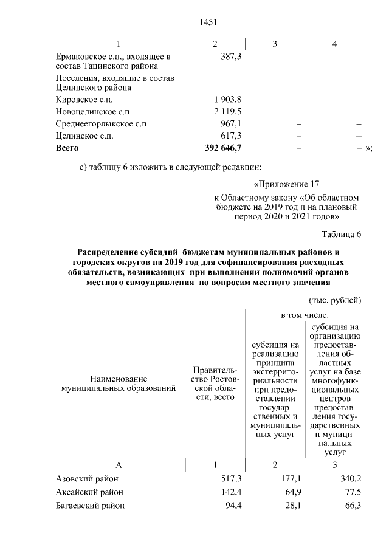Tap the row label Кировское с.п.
click(x=84, y=100)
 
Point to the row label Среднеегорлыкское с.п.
click(x=102, y=123)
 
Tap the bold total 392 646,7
click(x=224, y=148)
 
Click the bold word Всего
click(x=67, y=148)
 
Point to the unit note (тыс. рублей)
click(x=336, y=300)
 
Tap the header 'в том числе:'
click(x=305, y=315)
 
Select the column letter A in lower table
click(x=119, y=465)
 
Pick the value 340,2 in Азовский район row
click(x=351, y=480)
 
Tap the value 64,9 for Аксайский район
click(x=288, y=492)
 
